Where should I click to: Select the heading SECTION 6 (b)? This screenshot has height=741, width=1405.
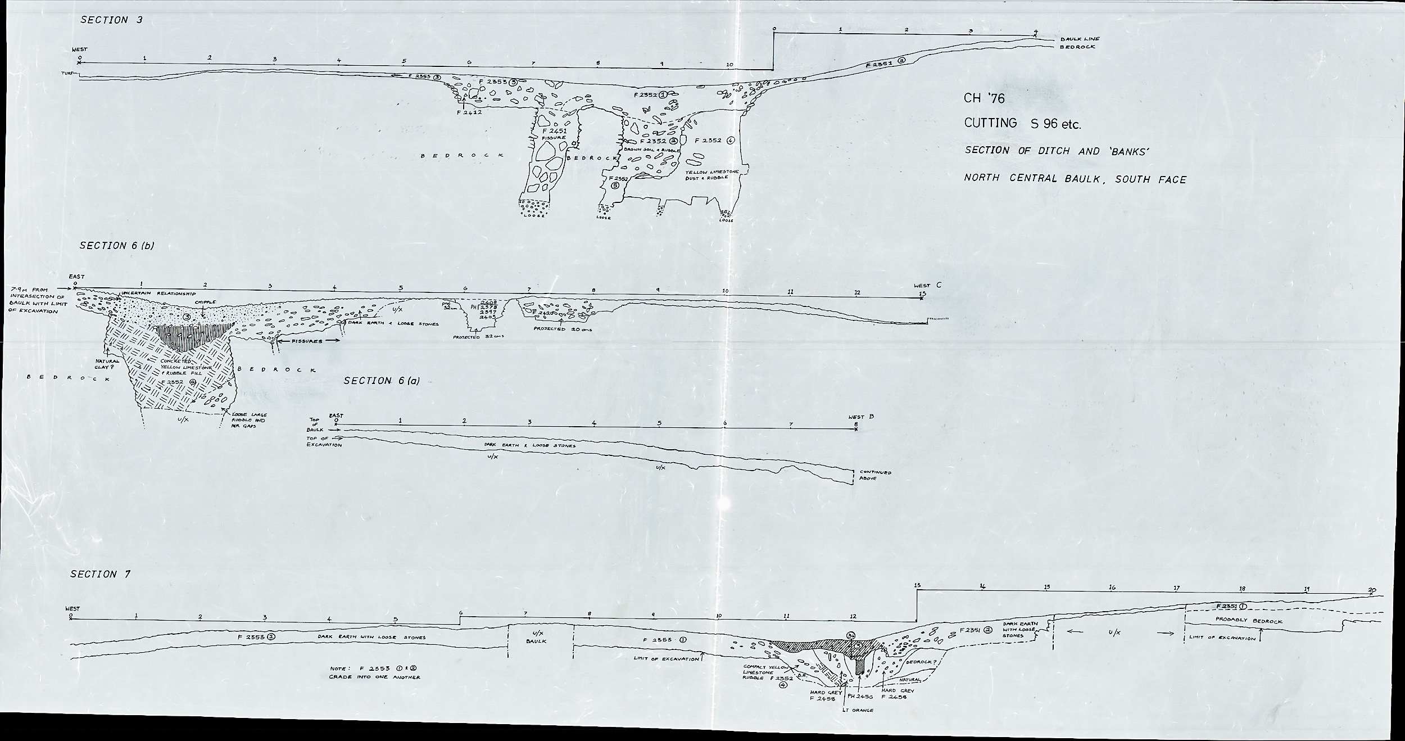coord(117,246)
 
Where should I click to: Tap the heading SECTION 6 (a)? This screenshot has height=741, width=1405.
coord(382,381)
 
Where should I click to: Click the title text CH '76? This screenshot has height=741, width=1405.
coord(984,98)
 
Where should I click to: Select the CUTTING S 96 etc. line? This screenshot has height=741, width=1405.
coord(1022,124)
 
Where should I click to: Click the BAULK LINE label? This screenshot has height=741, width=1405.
coord(1080,39)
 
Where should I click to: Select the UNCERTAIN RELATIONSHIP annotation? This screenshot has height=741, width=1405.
coord(158,293)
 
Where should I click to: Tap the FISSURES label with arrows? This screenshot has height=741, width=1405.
coord(308,341)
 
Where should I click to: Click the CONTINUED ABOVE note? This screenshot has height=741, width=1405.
coord(872,475)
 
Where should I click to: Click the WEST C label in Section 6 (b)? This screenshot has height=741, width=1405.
coord(927,286)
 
